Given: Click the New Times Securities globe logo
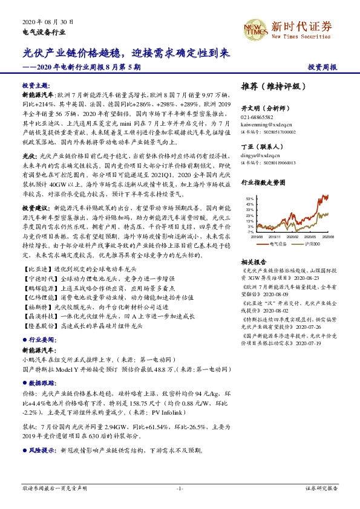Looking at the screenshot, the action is pyautogui.click(x=255, y=27).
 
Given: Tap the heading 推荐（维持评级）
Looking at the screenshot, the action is pyautogui.click(x=270, y=86).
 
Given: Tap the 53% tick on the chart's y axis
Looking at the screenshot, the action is pyautogui.click(x=249, y=198).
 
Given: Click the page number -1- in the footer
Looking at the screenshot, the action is pyautogui.click(x=180, y=488).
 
